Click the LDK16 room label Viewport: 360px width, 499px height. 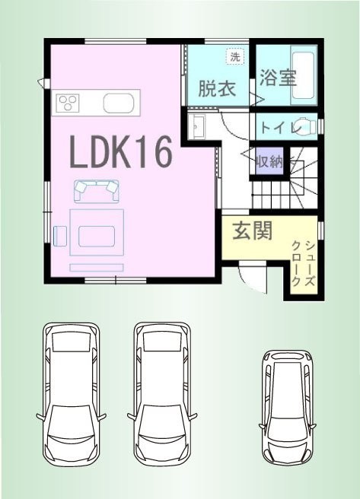point(121,151)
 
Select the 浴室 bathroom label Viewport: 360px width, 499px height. point(279,77)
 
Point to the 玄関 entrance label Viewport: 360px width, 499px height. point(253,230)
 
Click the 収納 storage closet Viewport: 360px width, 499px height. point(269,161)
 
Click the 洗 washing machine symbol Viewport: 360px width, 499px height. point(235,56)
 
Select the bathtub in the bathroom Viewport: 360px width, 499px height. point(304,75)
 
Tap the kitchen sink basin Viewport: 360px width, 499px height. point(119,103)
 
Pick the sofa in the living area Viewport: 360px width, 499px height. point(97,191)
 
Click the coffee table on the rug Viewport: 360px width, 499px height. point(97,236)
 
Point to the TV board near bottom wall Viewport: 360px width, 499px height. point(97,268)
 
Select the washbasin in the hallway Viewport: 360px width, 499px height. point(196,126)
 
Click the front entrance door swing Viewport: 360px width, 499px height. point(251,277)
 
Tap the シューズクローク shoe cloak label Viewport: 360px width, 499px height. point(304,263)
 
